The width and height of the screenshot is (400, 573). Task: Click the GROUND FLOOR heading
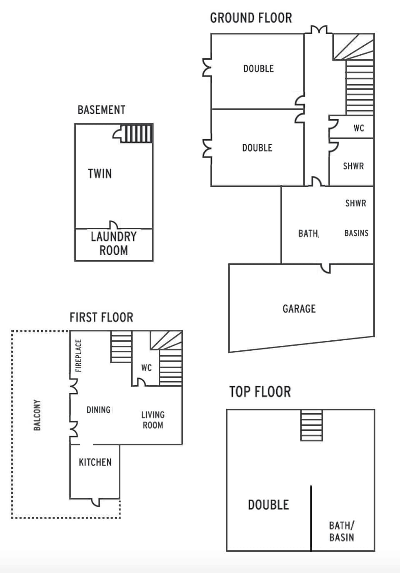click(x=251, y=18)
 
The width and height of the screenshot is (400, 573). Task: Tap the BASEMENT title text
click(x=101, y=110)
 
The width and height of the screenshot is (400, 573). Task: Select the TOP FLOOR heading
click(x=260, y=392)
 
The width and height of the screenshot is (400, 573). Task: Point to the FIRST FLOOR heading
click(x=101, y=317)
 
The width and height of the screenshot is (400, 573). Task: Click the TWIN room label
click(x=100, y=173)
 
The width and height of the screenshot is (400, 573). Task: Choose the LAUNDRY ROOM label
click(x=113, y=244)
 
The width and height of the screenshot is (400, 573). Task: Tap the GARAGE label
click(x=299, y=309)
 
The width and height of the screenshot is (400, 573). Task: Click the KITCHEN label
click(x=95, y=462)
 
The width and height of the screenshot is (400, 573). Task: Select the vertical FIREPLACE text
click(x=78, y=356)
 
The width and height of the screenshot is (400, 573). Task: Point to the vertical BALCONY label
click(x=37, y=415)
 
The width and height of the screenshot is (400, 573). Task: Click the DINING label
click(x=98, y=410)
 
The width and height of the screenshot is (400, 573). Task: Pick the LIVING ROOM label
click(x=152, y=420)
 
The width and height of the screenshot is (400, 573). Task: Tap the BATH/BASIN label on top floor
click(x=341, y=531)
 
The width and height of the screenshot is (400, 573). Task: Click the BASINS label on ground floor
click(x=356, y=233)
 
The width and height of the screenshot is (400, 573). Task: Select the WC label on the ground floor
click(x=358, y=128)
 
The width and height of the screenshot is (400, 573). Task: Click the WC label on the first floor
click(x=146, y=368)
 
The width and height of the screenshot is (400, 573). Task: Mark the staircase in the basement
click(x=137, y=133)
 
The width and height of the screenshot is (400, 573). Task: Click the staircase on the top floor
click(x=311, y=425)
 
